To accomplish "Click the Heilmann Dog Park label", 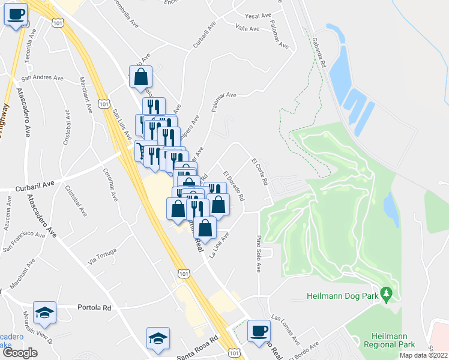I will (x=343, y=295).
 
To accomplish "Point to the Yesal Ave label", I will (x=259, y=16).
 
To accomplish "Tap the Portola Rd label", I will (x=95, y=307).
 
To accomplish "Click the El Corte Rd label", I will (x=259, y=172).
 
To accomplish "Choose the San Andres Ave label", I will (x=42, y=77).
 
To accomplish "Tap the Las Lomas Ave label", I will (x=286, y=329).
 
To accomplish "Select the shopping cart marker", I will (x=142, y=150).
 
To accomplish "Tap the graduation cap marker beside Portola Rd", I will (x=44, y=312).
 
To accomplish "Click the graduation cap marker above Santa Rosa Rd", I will (x=158, y=338).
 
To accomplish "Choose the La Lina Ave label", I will (x=219, y=246).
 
